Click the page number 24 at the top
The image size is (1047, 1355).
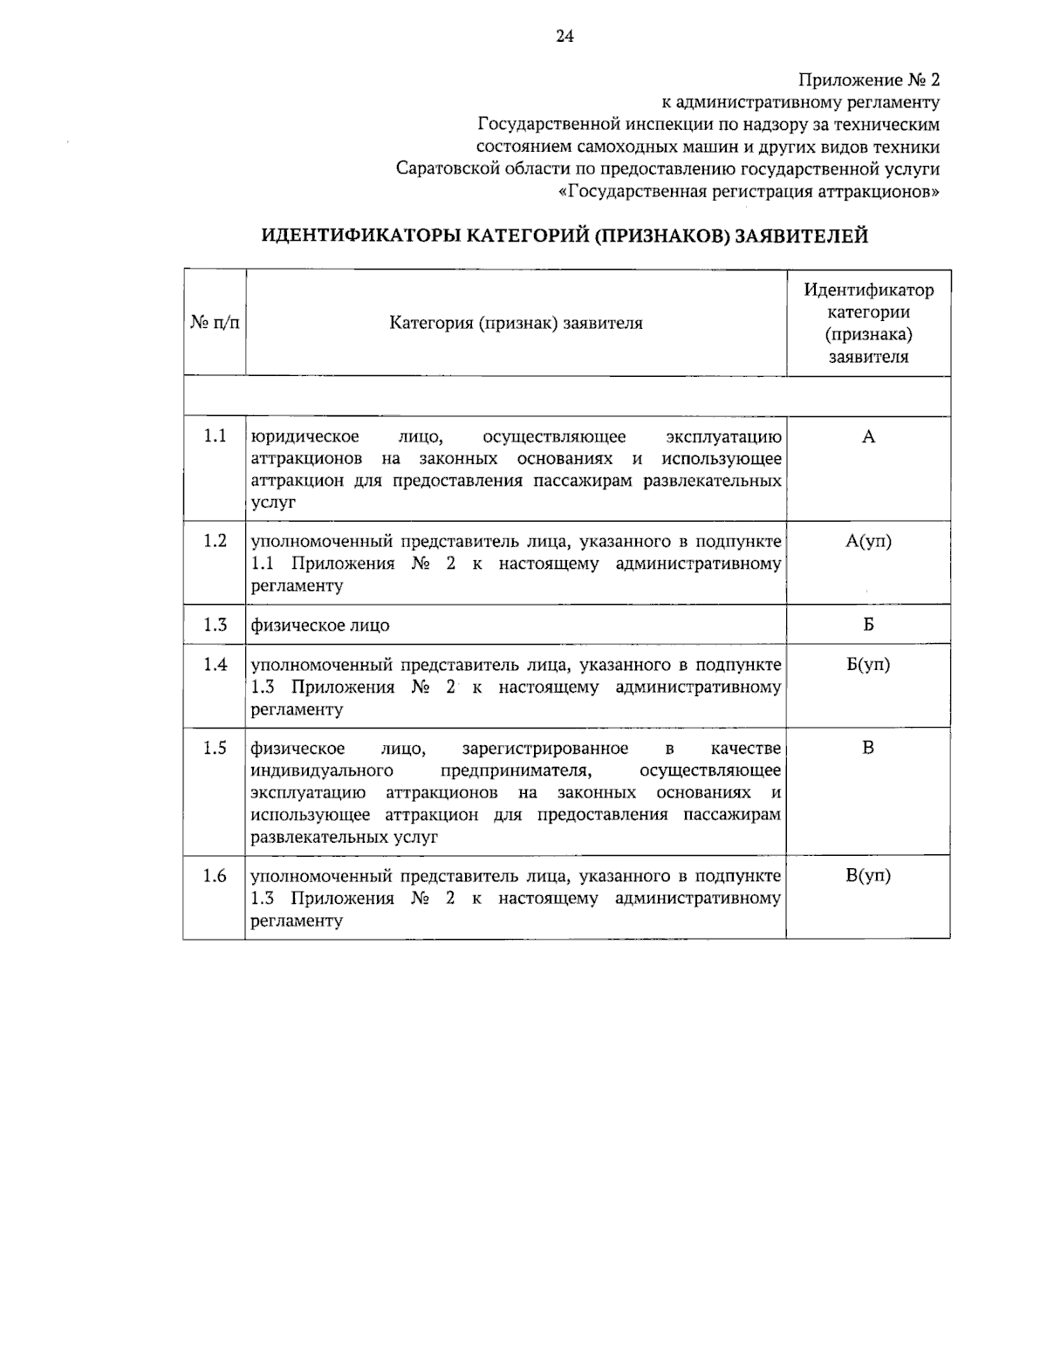pos(565,36)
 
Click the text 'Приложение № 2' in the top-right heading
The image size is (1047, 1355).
pos(870,80)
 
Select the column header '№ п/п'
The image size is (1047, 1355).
pos(215,323)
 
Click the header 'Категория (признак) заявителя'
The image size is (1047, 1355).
pos(516,323)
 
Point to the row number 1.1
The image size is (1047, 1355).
pos(215,436)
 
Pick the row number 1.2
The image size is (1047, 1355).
pos(215,541)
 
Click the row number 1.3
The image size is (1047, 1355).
pos(215,625)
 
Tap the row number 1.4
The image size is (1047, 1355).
pos(215,665)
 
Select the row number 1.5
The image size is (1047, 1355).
pos(215,748)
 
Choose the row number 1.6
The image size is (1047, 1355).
pos(215,876)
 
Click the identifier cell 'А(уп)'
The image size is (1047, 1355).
pos(868,541)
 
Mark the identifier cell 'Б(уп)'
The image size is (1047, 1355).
pos(868,665)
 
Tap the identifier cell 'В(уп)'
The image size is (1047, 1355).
pos(868,876)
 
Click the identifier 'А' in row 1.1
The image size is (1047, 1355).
pos(868,437)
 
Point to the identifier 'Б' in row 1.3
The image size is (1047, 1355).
pos(868,625)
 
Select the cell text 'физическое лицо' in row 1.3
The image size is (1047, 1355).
pos(320,626)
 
